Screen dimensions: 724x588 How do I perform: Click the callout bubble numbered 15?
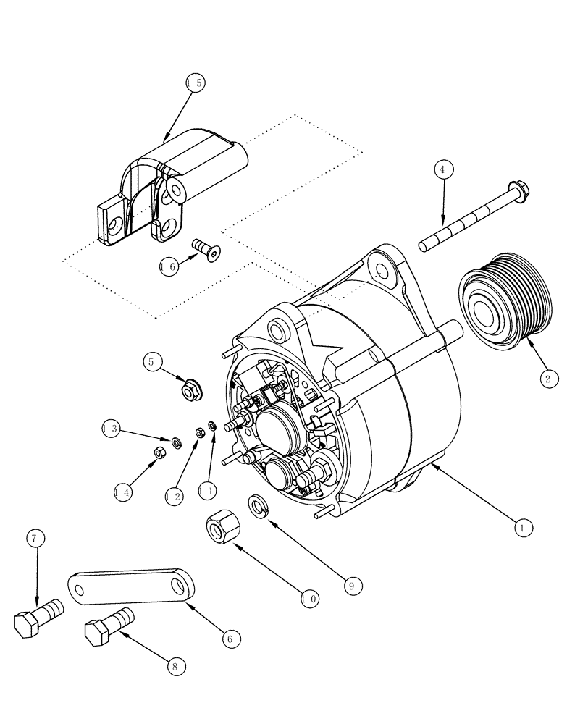click(x=195, y=83)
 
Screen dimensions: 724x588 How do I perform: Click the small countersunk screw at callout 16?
click(x=207, y=251)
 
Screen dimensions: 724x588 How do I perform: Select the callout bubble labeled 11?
click(x=206, y=490)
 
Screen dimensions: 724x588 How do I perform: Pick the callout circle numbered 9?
click(x=350, y=585)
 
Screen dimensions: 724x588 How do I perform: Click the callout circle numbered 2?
click(x=548, y=378)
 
